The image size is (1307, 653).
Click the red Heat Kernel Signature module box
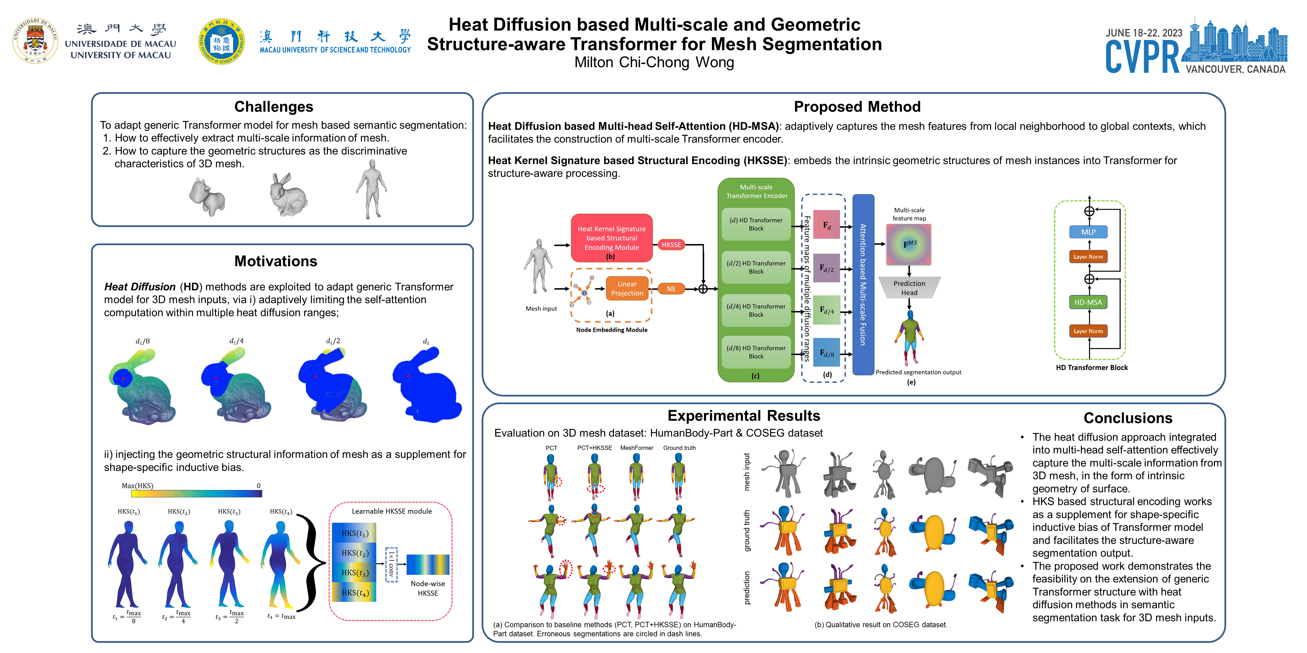point(612,238)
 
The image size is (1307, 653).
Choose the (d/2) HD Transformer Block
point(756,267)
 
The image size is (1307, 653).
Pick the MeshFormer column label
point(636,448)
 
